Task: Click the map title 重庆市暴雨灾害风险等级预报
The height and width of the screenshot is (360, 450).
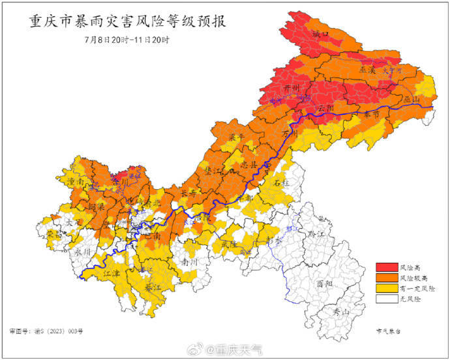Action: [127, 22]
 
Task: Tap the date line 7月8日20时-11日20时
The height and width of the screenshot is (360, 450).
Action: [127, 40]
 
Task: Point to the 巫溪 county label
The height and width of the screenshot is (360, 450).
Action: [368, 68]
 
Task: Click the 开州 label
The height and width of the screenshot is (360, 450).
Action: [292, 88]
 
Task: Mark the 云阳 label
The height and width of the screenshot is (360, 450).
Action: [325, 108]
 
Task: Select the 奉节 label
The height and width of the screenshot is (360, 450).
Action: [372, 113]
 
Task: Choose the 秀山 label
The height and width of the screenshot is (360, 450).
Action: [342, 312]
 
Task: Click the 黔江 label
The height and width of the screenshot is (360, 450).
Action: [316, 231]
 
